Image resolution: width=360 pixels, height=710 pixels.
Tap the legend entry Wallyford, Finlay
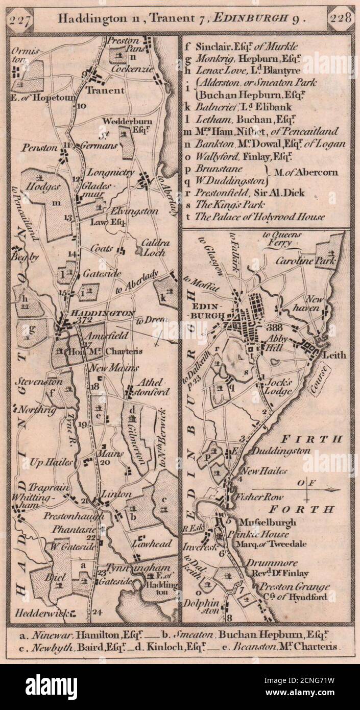point(237,156)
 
